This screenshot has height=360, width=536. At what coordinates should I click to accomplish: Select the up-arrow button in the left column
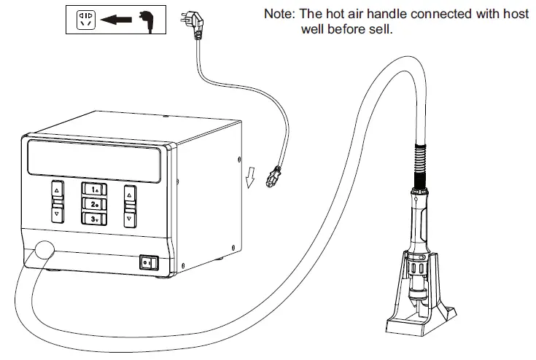[x=56, y=190]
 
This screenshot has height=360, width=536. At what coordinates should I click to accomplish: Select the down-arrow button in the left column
[x=56, y=214]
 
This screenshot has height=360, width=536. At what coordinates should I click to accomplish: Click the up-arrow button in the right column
[x=129, y=195]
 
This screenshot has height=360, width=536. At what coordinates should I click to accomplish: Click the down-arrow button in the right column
[x=129, y=217]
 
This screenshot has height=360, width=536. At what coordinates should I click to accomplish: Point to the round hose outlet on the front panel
[x=42, y=251]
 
